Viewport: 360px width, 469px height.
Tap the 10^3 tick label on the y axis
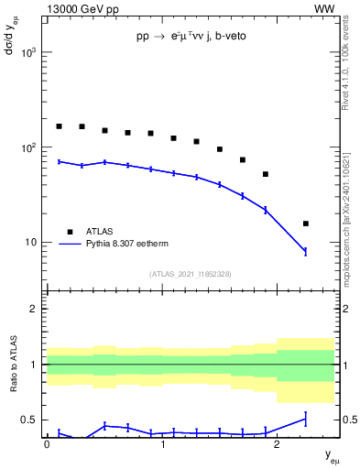coord(29,52)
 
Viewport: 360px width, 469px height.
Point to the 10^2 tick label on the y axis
coord(29,147)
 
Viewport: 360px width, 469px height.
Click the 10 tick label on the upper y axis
coord(32,243)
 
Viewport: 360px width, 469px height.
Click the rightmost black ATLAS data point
coord(306,224)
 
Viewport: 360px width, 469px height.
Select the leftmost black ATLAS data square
coord(60,126)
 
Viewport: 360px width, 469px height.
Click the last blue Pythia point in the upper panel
coord(306,251)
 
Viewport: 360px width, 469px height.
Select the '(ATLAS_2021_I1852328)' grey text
coord(191,274)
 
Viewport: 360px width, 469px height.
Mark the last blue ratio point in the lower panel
coord(306,419)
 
